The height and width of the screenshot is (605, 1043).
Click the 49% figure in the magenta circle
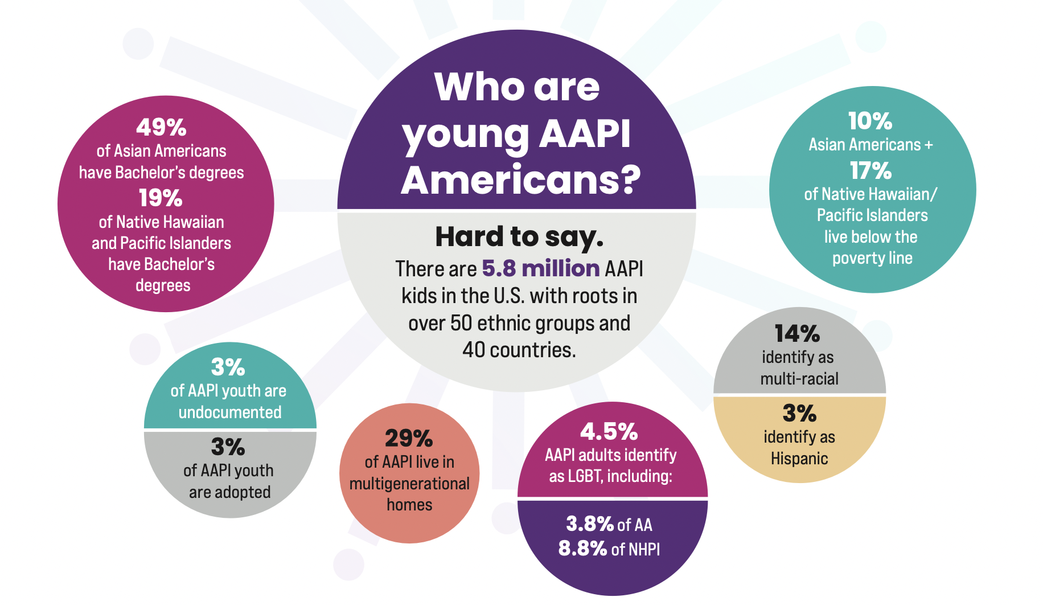click(x=161, y=128)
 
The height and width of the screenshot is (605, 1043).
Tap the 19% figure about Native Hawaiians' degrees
click(x=161, y=198)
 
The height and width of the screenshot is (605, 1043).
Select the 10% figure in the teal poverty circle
click(x=870, y=121)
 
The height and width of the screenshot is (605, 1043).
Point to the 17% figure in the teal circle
click(x=870, y=170)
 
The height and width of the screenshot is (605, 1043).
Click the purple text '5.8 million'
click(x=540, y=268)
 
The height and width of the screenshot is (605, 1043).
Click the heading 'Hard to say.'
click(x=519, y=237)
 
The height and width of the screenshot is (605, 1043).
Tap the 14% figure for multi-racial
click(x=797, y=334)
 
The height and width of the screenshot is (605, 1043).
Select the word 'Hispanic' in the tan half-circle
click(x=799, y=459)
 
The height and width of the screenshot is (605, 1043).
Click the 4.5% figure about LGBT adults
click(x=609, y=432)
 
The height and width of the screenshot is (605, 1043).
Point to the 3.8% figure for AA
click(x=589, y=524)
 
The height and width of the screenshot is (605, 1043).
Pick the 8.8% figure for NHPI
click(x=582, y=549)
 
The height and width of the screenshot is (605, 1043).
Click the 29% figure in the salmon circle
click(x=409, y=439)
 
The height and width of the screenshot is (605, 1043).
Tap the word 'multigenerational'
click(x=409, y=484)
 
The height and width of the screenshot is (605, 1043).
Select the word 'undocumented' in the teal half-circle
click(x=230, y=412)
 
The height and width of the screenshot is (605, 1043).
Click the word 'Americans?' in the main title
click(x=520, y=180)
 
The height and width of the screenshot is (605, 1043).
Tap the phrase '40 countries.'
click(x=519, y=350)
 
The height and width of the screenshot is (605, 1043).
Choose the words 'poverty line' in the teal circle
click(x=872, y=258)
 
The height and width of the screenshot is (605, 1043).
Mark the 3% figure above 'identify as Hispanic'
click(x=799, y=414)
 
